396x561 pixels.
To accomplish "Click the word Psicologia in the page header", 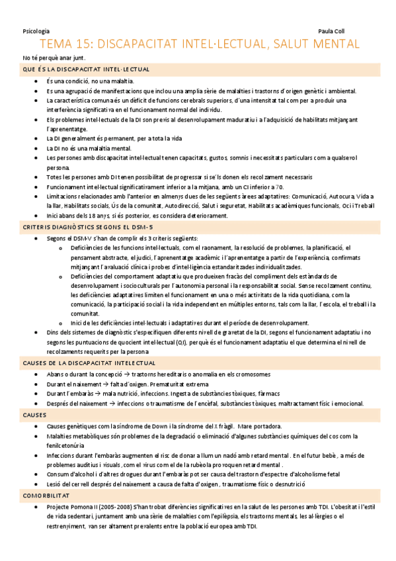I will point(36,30).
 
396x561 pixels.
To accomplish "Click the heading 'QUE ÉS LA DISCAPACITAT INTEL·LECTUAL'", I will point(86,69).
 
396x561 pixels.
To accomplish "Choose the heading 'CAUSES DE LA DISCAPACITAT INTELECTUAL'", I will point(89,363).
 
